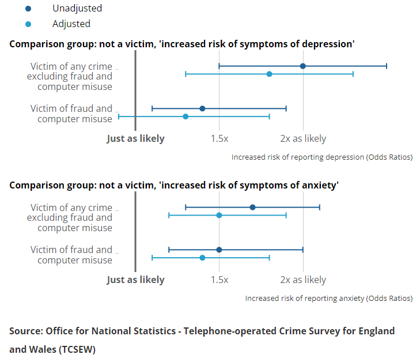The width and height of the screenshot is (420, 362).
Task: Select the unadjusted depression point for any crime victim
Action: (303, 66)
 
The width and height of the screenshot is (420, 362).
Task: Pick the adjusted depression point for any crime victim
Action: (269, 74)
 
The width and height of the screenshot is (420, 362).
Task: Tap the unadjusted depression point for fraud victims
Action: (202, 108)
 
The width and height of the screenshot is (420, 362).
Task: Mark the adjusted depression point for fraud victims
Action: (186, 116)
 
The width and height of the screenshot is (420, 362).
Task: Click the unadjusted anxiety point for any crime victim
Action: (252, 208)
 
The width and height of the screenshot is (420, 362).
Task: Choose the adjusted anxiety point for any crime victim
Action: (219, 216)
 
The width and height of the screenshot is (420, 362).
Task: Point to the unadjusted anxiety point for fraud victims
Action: (219, 250)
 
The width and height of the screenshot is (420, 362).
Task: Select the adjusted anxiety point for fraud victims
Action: (202, 258)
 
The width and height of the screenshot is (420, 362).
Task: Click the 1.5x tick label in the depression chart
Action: (219, 139)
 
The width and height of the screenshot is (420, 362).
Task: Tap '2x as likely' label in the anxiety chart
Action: (303, 280)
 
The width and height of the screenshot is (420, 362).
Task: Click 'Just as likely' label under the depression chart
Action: (135, 139)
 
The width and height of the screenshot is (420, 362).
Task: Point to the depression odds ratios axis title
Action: (321, 157)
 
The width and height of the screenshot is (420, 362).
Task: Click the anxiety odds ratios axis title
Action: (328, 298)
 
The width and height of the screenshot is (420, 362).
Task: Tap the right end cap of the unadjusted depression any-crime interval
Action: (387, 66)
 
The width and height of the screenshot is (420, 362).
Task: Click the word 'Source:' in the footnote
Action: (25, 331)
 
